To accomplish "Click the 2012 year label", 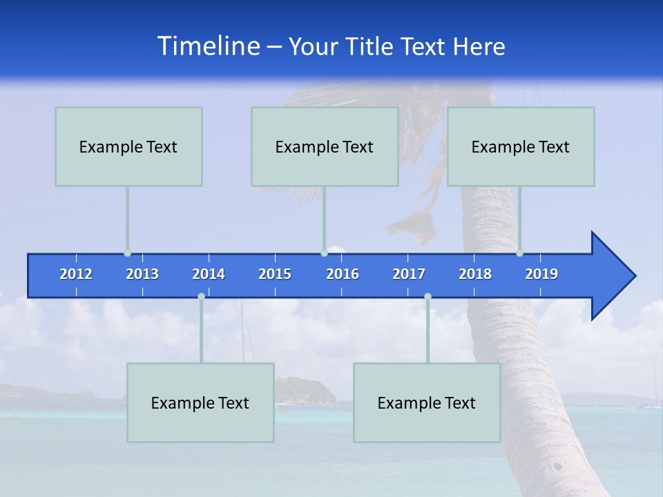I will pyautogui.click(x=76, y=274).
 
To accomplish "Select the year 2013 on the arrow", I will pyautogui.click(x=142, y=274).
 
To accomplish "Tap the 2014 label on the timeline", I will pyautogui.click(x=209, y=274).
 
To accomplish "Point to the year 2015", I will pyautogui.click(x=275, y=274).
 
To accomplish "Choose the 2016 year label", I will pyautogui.click(x=343, y=274).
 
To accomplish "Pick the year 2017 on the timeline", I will pyautogui.click(x=409, y=274).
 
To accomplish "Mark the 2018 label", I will pyautogui.click(x=475, y=274).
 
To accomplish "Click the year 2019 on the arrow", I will pyautogui.click(x=541, y=274).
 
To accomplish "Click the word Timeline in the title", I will pyautogui.click(x=209, y=46).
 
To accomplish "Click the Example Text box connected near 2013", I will pyautogui.click(x=128, y=147).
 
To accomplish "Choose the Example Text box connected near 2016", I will pyautogui.click(x=325, y=147).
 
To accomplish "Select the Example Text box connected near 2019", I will pyautogui.click(x=521, y=147).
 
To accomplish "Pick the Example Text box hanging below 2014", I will pyautogui.click(x=200, y=402).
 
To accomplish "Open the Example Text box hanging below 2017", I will pyautogui.click(x=427, y=402).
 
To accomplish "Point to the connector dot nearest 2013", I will pyautogui.click(x=127, y=253).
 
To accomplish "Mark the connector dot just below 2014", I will pyautogui.click(x=201, y=296).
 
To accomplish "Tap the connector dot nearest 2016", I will pyautogui.click(x=324, y=253).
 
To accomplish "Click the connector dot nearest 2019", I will pyautogui.click(x=519, y=253).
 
